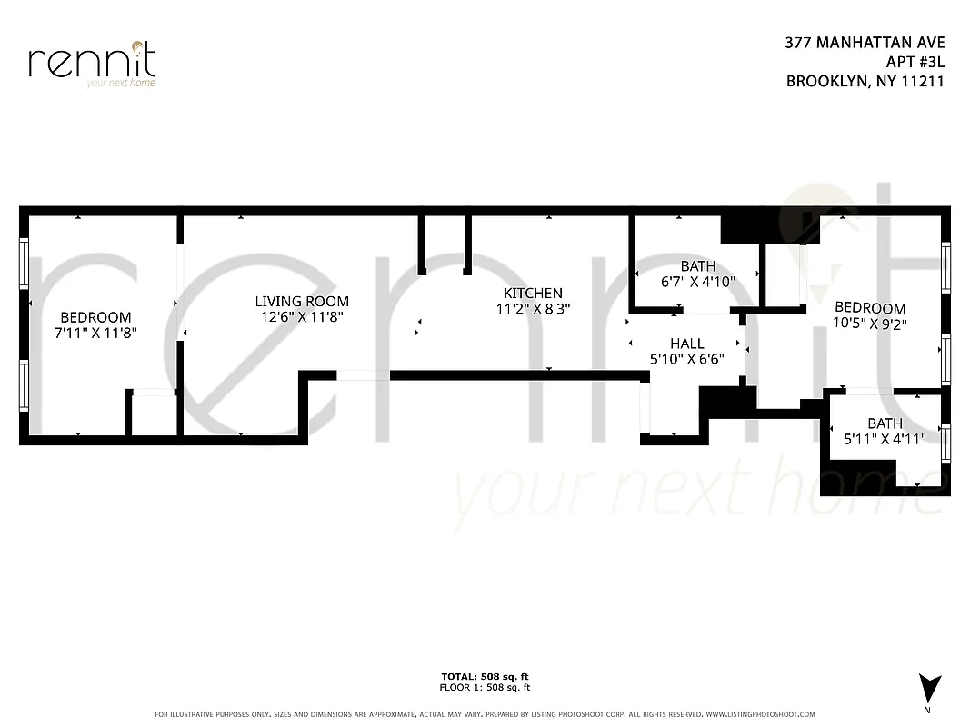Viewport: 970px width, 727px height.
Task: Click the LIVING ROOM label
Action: [x=301, y=302]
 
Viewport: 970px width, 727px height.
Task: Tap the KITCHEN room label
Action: [x=533, y=293]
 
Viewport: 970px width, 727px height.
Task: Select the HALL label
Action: [x=686, y=344]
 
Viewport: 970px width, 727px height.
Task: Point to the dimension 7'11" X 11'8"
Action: [x=96, y=333]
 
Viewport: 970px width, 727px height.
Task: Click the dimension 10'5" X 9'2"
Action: [x=870, y=323]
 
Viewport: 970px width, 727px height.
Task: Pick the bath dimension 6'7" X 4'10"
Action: [x=697, y=282]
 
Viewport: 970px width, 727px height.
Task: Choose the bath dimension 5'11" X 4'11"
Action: [x=885, y=439]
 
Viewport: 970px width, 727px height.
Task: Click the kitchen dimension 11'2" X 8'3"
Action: [x=533, y=308]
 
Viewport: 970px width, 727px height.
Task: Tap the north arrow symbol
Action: [x=927, y=688]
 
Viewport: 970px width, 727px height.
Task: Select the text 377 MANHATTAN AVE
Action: [x=865, y=43]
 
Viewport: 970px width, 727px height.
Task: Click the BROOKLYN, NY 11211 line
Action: [x=865, y=81]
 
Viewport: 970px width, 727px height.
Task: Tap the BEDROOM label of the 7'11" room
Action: [x=96, y=317]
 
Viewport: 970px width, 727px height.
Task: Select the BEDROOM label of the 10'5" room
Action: [x=870, y=308]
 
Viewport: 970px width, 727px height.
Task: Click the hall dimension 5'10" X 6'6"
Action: [x=686, y=359]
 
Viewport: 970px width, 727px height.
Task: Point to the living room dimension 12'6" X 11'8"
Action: [x=301, y=317]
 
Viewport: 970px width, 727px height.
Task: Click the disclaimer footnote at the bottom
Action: [x=485, y=714]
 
